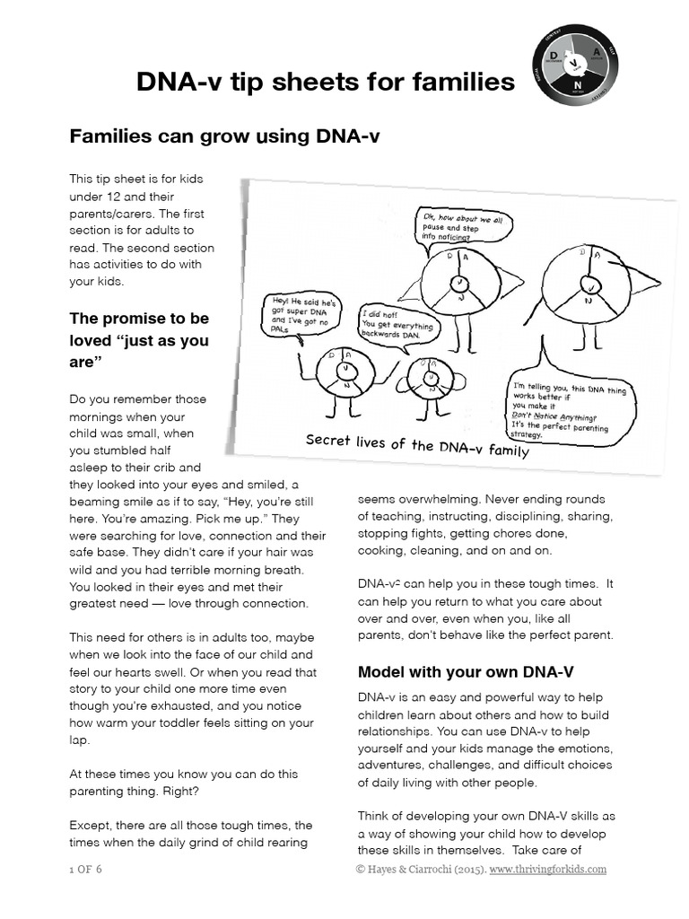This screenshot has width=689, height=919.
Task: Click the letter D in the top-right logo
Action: coord(554,56)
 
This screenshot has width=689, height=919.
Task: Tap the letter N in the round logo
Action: coord(577,83)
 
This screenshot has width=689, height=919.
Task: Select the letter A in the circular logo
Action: coord(597,54)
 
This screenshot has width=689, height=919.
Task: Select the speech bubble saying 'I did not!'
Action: coord(397,323)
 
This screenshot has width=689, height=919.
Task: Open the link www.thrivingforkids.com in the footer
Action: coord(548,869)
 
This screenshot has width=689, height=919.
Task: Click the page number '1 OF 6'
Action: coord(86,869)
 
